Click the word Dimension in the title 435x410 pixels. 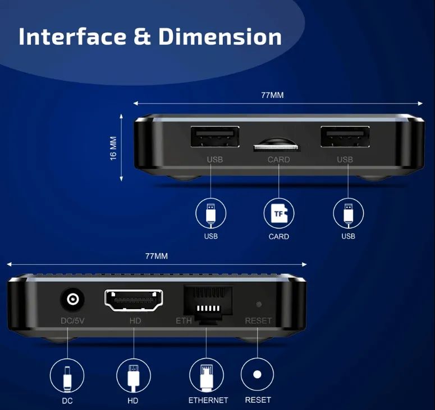coord(220,37)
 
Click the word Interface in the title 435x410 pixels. coord(73,37)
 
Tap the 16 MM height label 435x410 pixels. coord(113,148)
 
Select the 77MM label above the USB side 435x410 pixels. coord(272,95)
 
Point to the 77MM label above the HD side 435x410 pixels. coord(157,256)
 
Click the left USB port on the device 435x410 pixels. coord(215,138)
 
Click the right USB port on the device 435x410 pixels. coord(345,138)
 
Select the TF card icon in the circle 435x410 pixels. coord(279,213)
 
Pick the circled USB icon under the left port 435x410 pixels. coord(210,213)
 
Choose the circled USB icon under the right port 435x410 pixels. coord(348,213)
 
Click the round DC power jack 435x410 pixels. coord(72,300)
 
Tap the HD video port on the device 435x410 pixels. coord(134,301)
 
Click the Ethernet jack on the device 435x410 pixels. coord(208,302)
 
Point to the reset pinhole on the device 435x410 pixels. coord(258,305)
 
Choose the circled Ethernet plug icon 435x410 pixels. coord(207,375)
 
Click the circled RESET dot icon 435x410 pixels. coord(257,375)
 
